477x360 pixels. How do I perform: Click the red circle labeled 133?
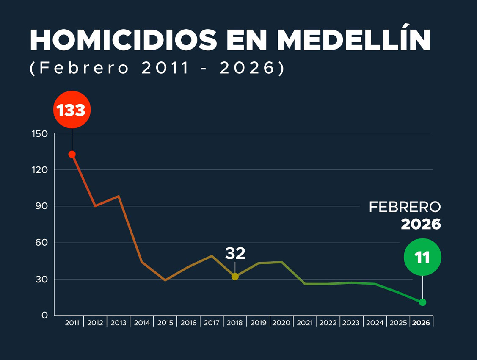(x=72, y=110)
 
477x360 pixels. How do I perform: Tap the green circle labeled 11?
(x=422, y=257)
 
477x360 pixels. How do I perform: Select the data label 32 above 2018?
(x=235, y=253)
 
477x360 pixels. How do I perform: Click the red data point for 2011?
(x=72, y=154)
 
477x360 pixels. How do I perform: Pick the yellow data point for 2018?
(x=235, y=277)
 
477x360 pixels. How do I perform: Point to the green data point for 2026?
(x=422, y=302)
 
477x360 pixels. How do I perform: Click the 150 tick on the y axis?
(x=40, y=134)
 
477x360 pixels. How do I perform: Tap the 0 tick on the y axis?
(x=44, y=316)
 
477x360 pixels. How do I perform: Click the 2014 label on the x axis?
(x=142, y=323)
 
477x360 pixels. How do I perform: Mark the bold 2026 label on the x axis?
(x=421, y=323)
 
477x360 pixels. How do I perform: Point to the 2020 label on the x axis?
(x=281, y=323)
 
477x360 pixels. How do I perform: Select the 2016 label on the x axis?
(x=188, y=323)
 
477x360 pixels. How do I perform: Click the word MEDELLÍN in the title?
(x=353, y=41)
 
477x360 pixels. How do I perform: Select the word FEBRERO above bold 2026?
(x=405, y=207)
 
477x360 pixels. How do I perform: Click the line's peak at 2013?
(x=119, y=196)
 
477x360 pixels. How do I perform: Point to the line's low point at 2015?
(x=165, y=280)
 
